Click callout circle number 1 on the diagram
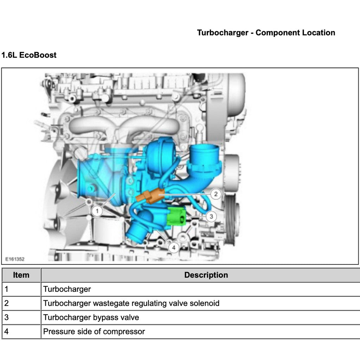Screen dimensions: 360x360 pos(97,211)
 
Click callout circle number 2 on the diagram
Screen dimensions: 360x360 pos(216,193)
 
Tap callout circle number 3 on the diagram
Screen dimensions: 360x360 pos(211,216)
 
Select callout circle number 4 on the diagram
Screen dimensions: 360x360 pos(173,247)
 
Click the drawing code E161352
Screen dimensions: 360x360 pos(15,259)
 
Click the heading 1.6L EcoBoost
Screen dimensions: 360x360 pos(29,55)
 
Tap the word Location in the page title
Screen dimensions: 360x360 pos(318,33)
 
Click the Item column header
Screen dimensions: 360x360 pos(21,275)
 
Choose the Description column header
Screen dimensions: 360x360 pos(206,275)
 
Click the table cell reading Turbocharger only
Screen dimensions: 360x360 pos(67,289)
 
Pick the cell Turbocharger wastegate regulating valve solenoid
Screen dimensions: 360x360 pos(131,303)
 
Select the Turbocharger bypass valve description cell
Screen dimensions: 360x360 pos(91,317)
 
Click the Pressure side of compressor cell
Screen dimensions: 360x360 pos(94,332)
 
